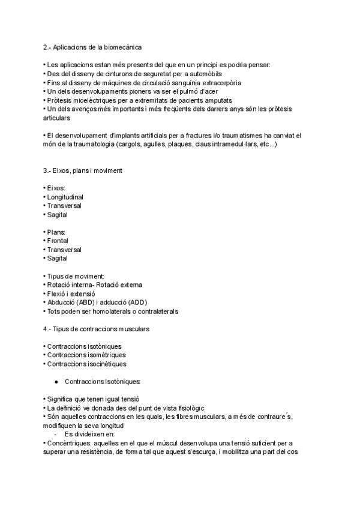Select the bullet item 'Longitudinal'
pyautogui.click(x=65, y=197)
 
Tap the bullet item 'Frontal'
pyautogui.click(x=58, y=241)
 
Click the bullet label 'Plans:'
pyautogui.click(x=56, y=232)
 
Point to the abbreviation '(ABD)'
pyautogui.click(x=95, y=303)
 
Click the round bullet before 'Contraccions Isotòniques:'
pyautogui.click(x=56, y=382)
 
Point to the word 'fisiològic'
pyautogui.click(x=187, y=408)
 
